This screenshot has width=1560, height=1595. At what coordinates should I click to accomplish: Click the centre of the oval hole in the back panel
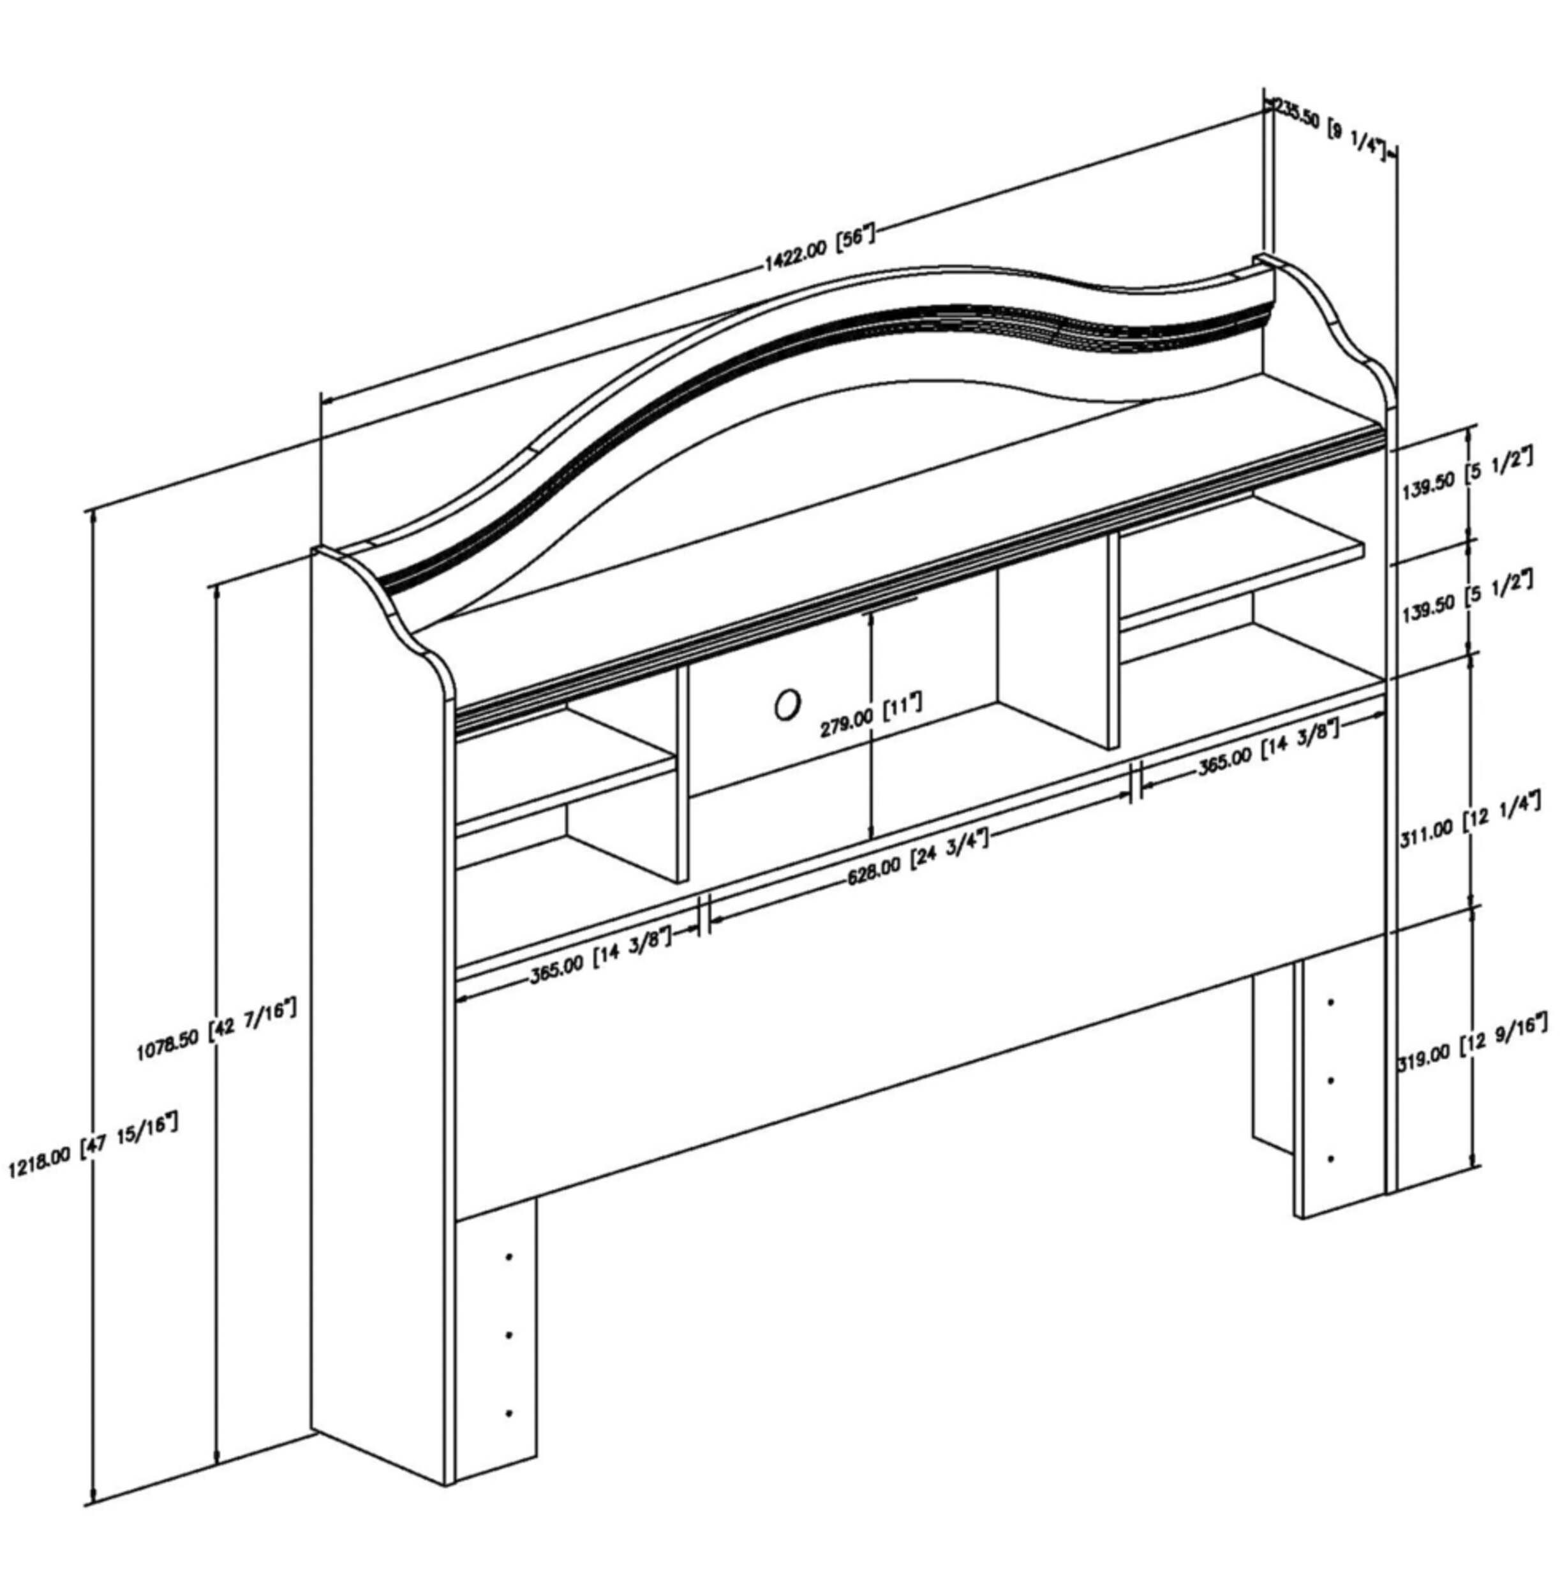(x=787, y=704)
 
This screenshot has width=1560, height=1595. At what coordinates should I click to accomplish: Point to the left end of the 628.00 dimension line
(x=709, y=923)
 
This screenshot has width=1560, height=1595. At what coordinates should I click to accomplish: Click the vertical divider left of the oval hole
(x=681, y=773)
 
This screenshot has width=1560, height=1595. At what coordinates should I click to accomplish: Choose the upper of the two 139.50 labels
(x=1463, y=477)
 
